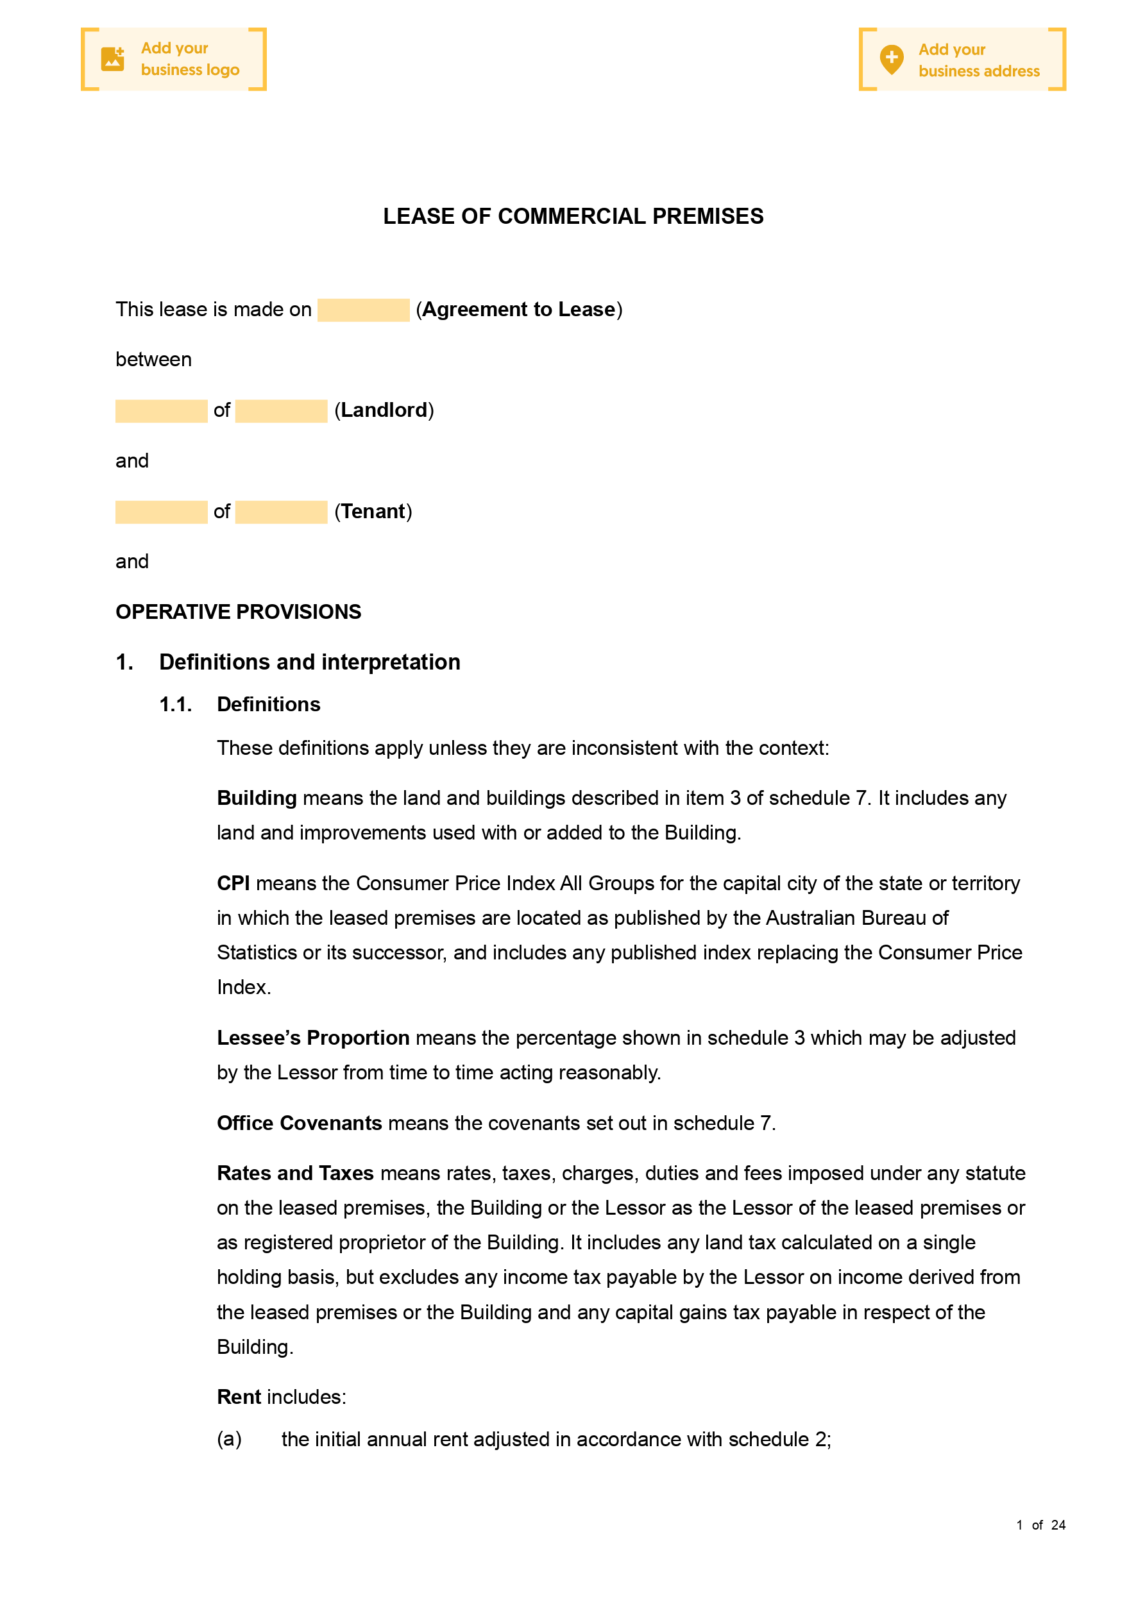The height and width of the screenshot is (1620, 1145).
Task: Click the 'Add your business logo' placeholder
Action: pyautogui.click(x=174, y=59)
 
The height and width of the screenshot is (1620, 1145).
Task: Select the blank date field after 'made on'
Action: pyautogui.click(x=363, y=310)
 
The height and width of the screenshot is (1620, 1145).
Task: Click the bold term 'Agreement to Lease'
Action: pyautogui.click(x=518, y=310)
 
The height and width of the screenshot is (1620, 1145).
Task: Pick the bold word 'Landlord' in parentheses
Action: pyautogui.click(x=384, y=410)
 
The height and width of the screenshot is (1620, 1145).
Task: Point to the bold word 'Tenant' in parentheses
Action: pyautogui.click(x=373, y=512)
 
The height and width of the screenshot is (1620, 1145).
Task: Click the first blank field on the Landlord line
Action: pyautogui.click(x=161, y=411)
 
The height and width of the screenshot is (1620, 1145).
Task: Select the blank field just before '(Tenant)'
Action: pyautogui.click(x=281, y=512)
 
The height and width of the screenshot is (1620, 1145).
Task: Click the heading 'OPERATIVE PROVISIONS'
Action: pyautogui.click(x=238, y=612)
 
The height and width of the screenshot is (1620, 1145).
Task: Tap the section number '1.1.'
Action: pyautogui.click(x=175, y=704)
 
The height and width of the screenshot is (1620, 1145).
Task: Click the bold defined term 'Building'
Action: pyautogui.click(x=256, y=798)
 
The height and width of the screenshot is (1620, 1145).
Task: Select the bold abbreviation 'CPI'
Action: pyautogui.click(x=233, y=883)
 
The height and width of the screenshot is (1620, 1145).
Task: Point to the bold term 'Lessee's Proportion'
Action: pyautogui.click(x=313, y=1038)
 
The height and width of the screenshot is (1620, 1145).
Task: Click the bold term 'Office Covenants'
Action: pyautogui.click(x=300, y=1123)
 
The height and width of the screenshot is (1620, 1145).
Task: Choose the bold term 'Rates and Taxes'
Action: pyautogui.click(x=295, y=1174)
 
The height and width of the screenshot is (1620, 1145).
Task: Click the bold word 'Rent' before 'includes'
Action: pyautogui.click(x=239, y=1397)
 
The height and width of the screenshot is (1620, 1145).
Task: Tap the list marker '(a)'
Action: pyautogui.click(x=229, y=1439)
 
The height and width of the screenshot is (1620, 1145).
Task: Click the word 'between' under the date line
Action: pyautogui.click(x=153, y=360)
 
